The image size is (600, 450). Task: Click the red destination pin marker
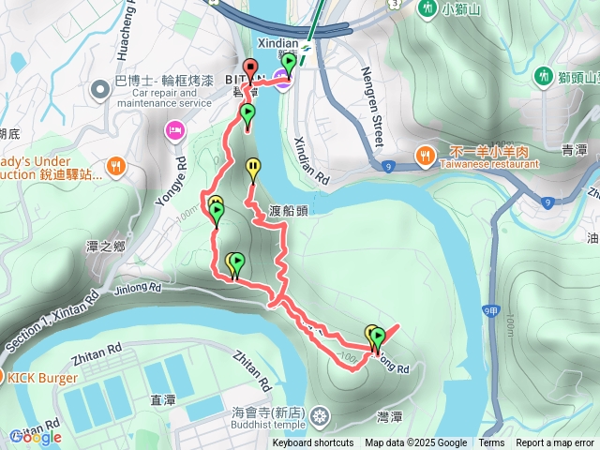(x=250, y=67)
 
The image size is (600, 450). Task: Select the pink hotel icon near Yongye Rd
(x=173, y=129)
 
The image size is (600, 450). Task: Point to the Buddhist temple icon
(x=322, y=414)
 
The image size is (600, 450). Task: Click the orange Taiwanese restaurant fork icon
(x=425, y=155)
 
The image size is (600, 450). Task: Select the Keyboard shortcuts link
(x=313, y=443)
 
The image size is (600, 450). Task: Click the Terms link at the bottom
(x=491, y=443)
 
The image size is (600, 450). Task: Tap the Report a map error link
(x=556, y=443)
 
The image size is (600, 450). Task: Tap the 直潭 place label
(x=163, y=399)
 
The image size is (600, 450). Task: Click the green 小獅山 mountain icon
(x=427, y=9)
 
